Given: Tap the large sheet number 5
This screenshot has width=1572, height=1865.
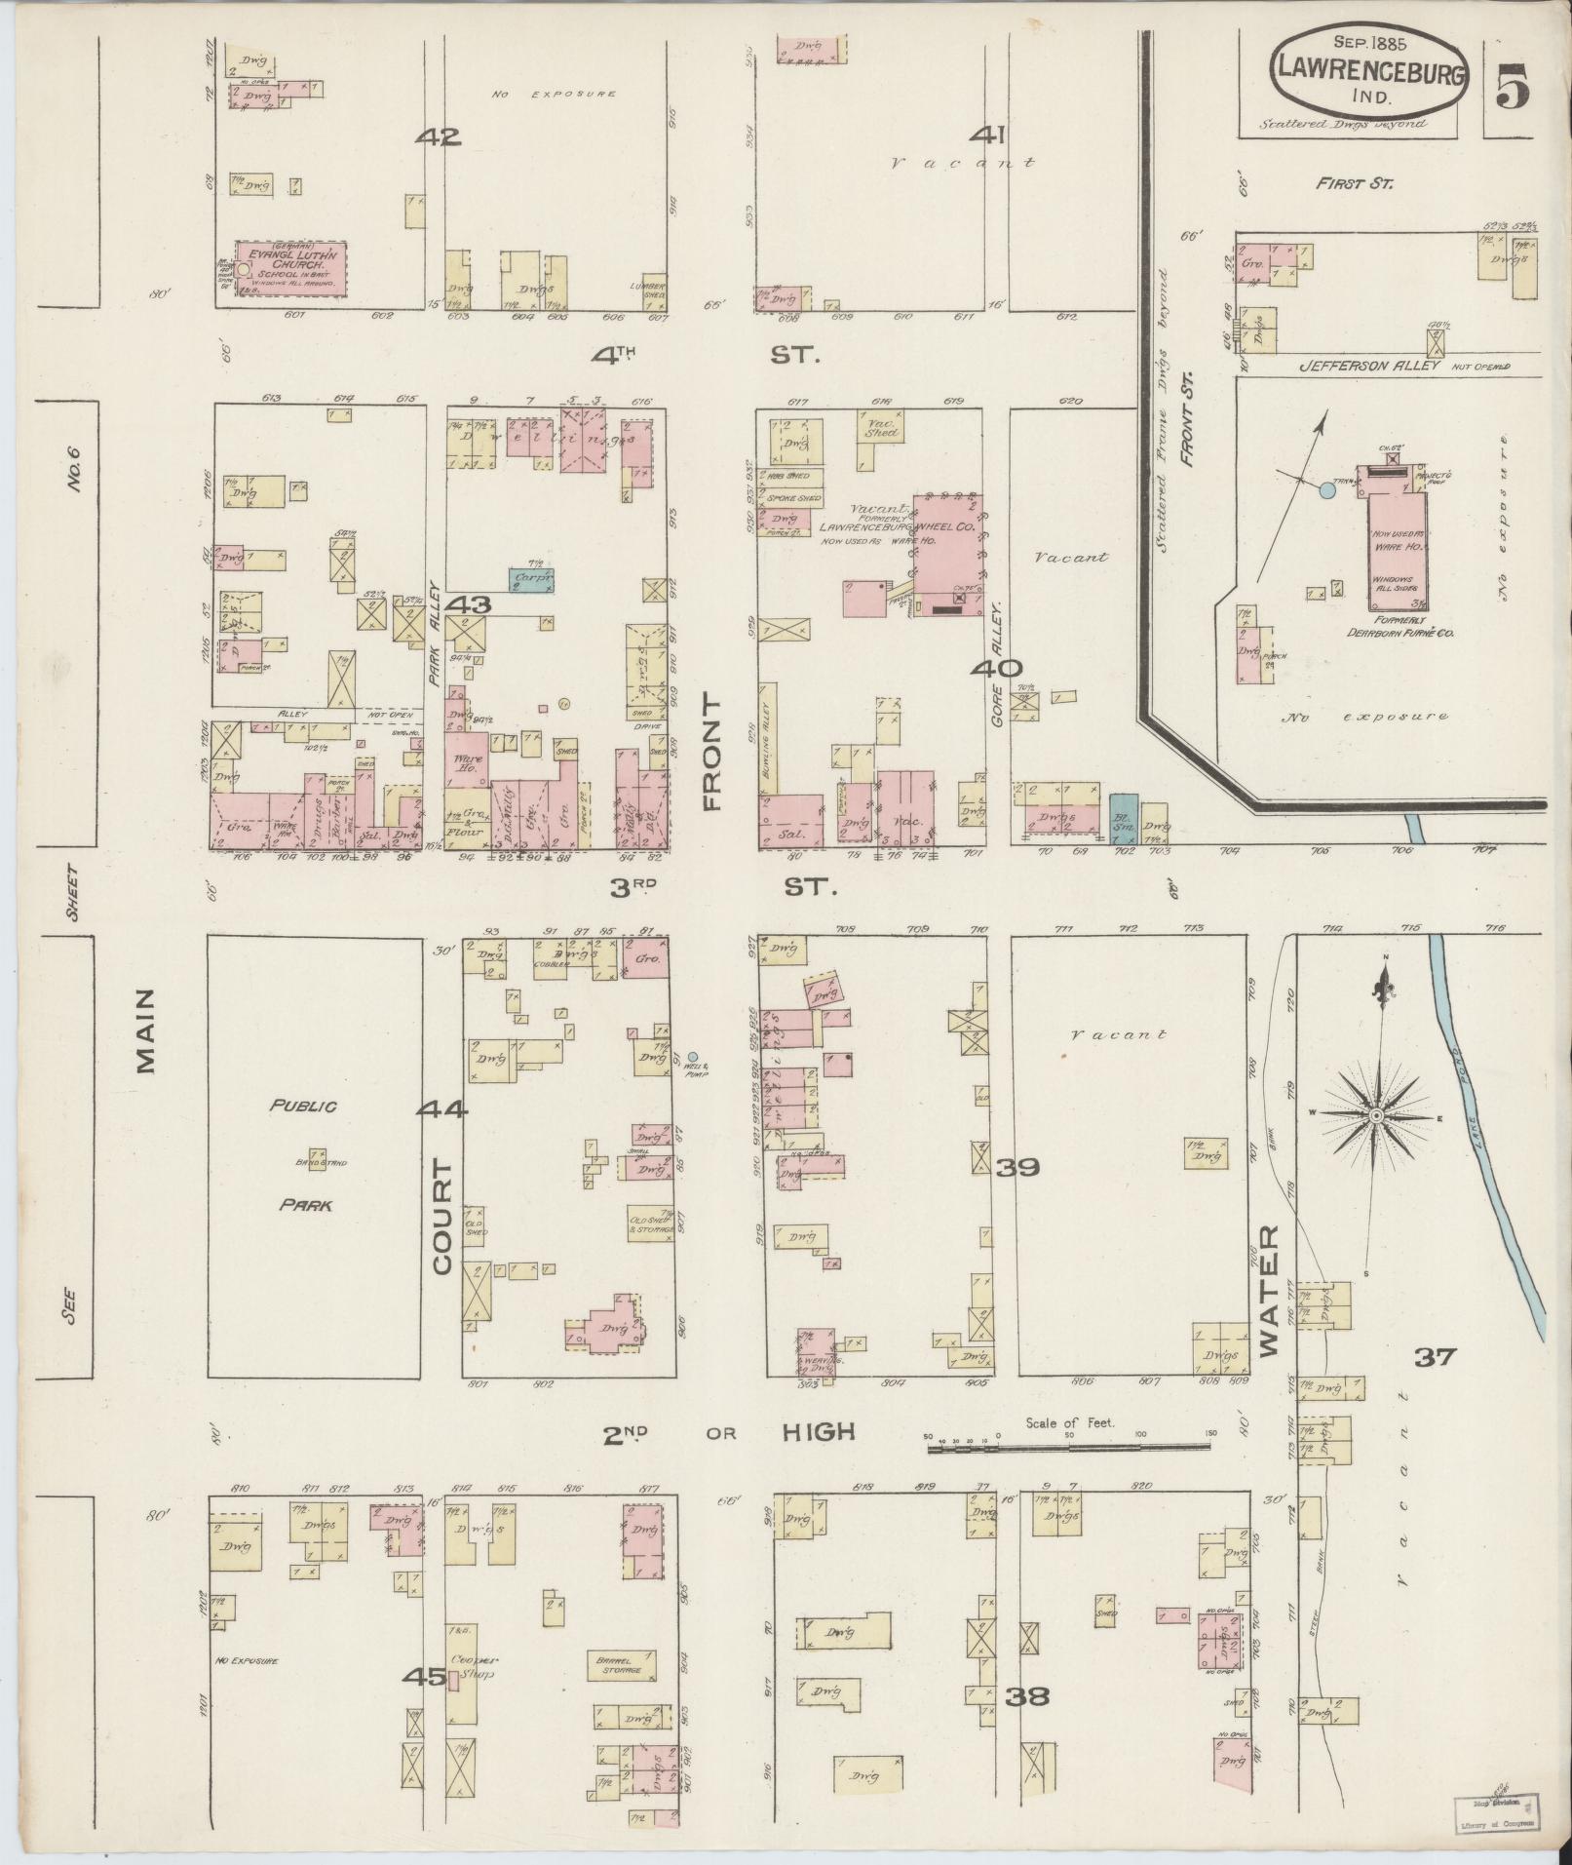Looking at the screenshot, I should pyautogui.click(x=1509, y=90).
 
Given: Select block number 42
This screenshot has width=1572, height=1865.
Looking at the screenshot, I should pyautogui.click(x=437, y=136).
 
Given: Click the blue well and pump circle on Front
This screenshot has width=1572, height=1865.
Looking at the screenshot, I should pyautogui.click(x=693, y=1057).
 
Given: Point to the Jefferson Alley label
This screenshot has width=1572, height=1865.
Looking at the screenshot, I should pyautogui.click(x=1356, y=367).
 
